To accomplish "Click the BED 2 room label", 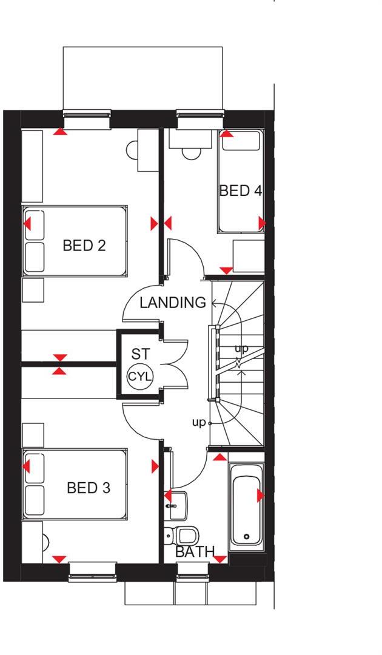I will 84,246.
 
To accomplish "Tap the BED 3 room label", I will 89,488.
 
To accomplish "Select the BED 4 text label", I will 241,190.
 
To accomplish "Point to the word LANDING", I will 173,303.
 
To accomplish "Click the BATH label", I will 195,552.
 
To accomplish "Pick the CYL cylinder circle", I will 140,377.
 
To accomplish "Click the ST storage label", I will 140,354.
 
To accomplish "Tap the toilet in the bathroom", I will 184,535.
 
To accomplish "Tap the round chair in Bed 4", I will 191,152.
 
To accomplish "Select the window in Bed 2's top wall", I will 87,119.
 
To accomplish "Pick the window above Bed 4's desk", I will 201,119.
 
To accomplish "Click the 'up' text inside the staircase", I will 241,349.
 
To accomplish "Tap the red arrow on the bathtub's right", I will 261,496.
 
